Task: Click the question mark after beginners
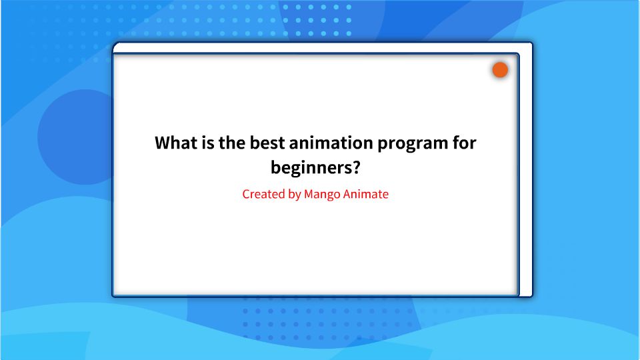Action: click(364, 166)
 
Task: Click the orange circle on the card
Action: click(500, 70)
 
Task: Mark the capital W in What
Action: click(163, 143)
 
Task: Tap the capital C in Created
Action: click(246, 195)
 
